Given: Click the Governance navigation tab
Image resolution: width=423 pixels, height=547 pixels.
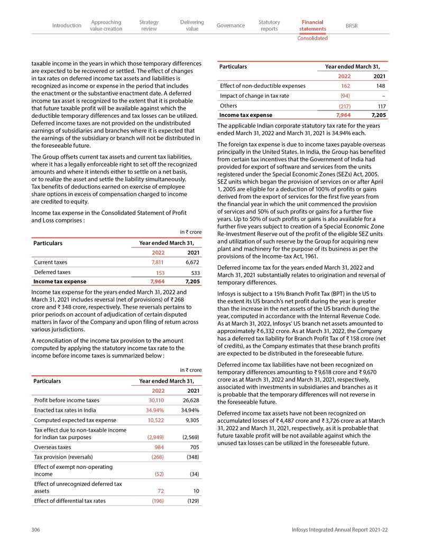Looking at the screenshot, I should [x=231, y=25].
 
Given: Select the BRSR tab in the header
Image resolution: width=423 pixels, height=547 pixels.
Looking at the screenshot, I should [x=351, y=25].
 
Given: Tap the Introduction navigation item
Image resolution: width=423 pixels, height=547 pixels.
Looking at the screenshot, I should [x=67, y=25].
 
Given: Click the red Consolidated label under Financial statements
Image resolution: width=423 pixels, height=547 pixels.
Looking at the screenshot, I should [x=312, y=38].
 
